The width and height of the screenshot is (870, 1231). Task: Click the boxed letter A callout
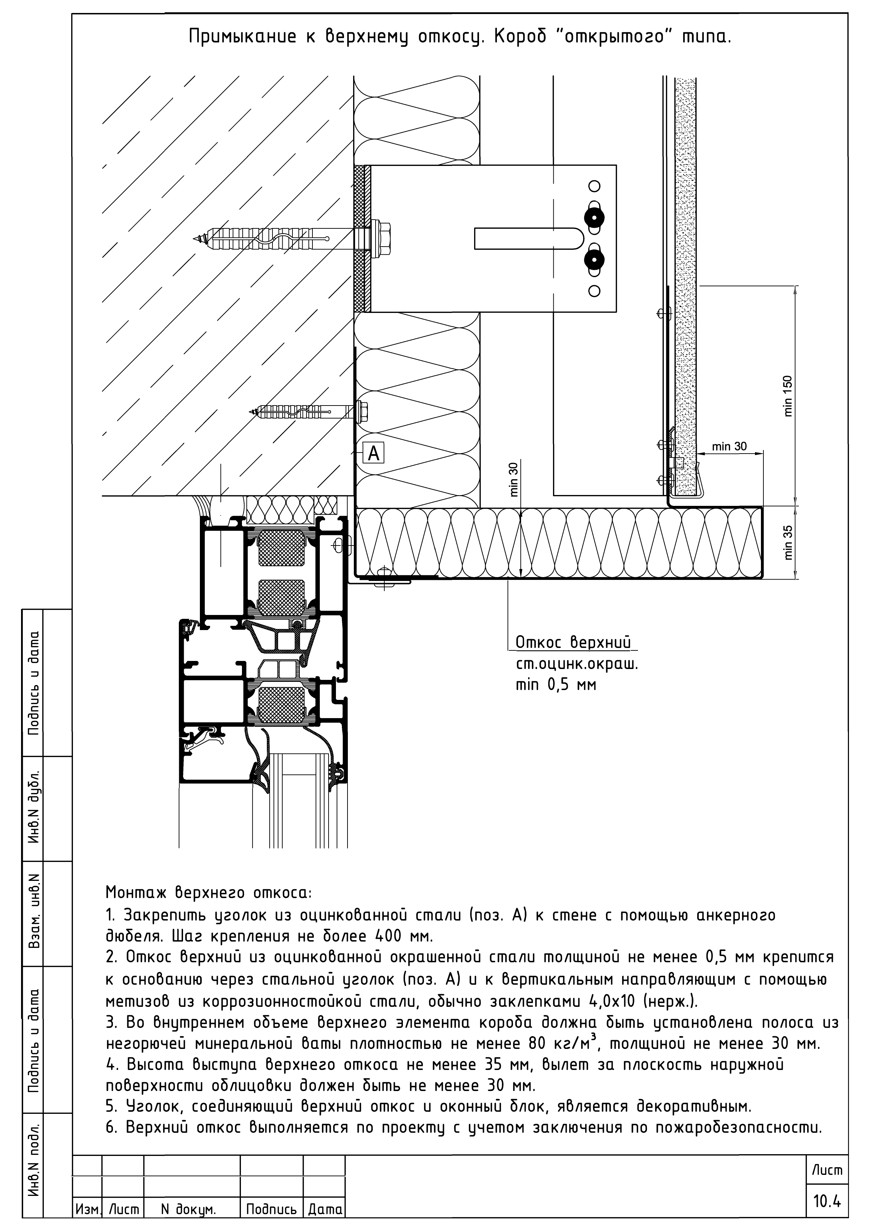(373, 454)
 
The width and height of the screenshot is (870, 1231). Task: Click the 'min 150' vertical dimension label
(788, 396)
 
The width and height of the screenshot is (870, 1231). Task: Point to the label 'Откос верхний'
(573, 642)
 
